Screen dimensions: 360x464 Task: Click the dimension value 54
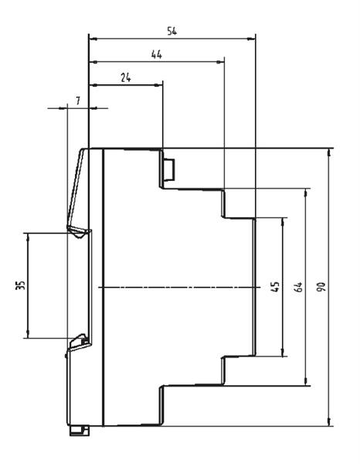tap(172, 31)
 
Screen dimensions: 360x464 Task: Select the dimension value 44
tap(157, 54)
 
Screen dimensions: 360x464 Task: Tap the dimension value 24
tap(126, 77)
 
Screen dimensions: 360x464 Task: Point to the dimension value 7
tap(78, 101)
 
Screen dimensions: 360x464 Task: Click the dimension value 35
tap(20, 285)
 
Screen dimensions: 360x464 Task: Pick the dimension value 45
tap(275, 286)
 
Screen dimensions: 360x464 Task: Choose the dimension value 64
tap(298, 287)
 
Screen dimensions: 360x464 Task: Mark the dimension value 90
tap(321, 287)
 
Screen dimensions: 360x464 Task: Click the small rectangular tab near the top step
tap(169, 169)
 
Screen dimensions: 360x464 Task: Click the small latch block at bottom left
tap(80, 431)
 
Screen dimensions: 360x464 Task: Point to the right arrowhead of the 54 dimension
tap(251, 39)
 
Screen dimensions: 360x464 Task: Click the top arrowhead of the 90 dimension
tap(329, 152)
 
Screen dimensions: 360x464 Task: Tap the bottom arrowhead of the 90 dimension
tap(329, 421)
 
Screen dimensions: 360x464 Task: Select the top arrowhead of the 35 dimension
tap(28, 237)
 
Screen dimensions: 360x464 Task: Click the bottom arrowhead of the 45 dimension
tap(283, 352)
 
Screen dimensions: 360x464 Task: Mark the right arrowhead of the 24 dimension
tap(158, 85)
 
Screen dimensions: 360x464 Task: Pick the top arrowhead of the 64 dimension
tap(306, 193)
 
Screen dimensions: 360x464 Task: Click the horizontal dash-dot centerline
tap(179, 287)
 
